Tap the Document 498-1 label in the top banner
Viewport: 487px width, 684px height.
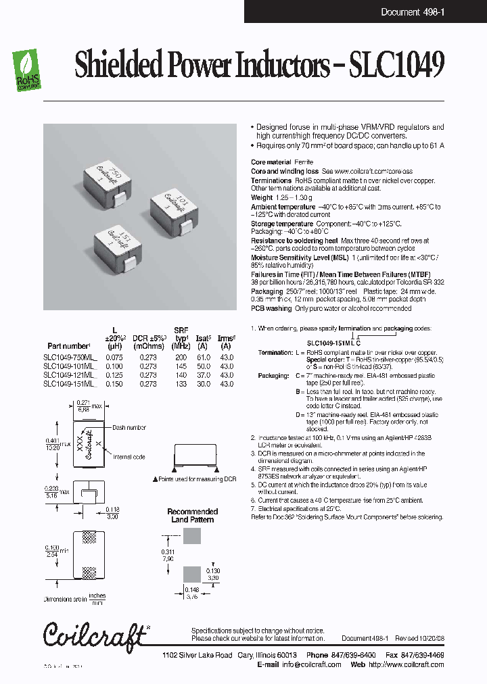pos(412,11)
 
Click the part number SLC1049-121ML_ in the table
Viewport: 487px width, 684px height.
pos(70,375)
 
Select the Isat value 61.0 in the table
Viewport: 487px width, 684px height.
pos(202,358)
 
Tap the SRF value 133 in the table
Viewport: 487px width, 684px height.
pos(181,384)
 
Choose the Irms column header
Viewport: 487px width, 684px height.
pos(227,346)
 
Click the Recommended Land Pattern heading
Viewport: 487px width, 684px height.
pos(192,516)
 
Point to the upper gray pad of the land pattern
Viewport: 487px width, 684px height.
pos(192,536)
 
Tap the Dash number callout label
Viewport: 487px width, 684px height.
pos(129,427)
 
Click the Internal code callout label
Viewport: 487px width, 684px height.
pos(129,456)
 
